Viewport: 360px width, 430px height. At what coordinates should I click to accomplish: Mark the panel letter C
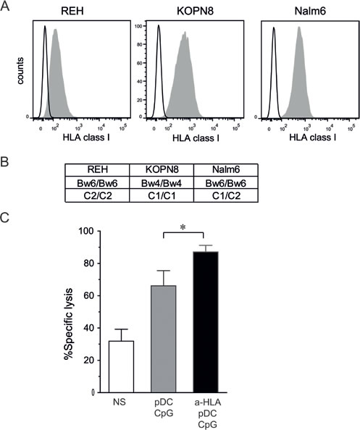(6, 216)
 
